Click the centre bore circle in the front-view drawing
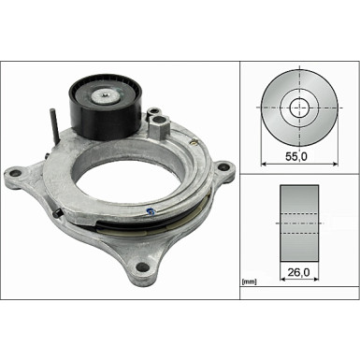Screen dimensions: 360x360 point(298,108)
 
